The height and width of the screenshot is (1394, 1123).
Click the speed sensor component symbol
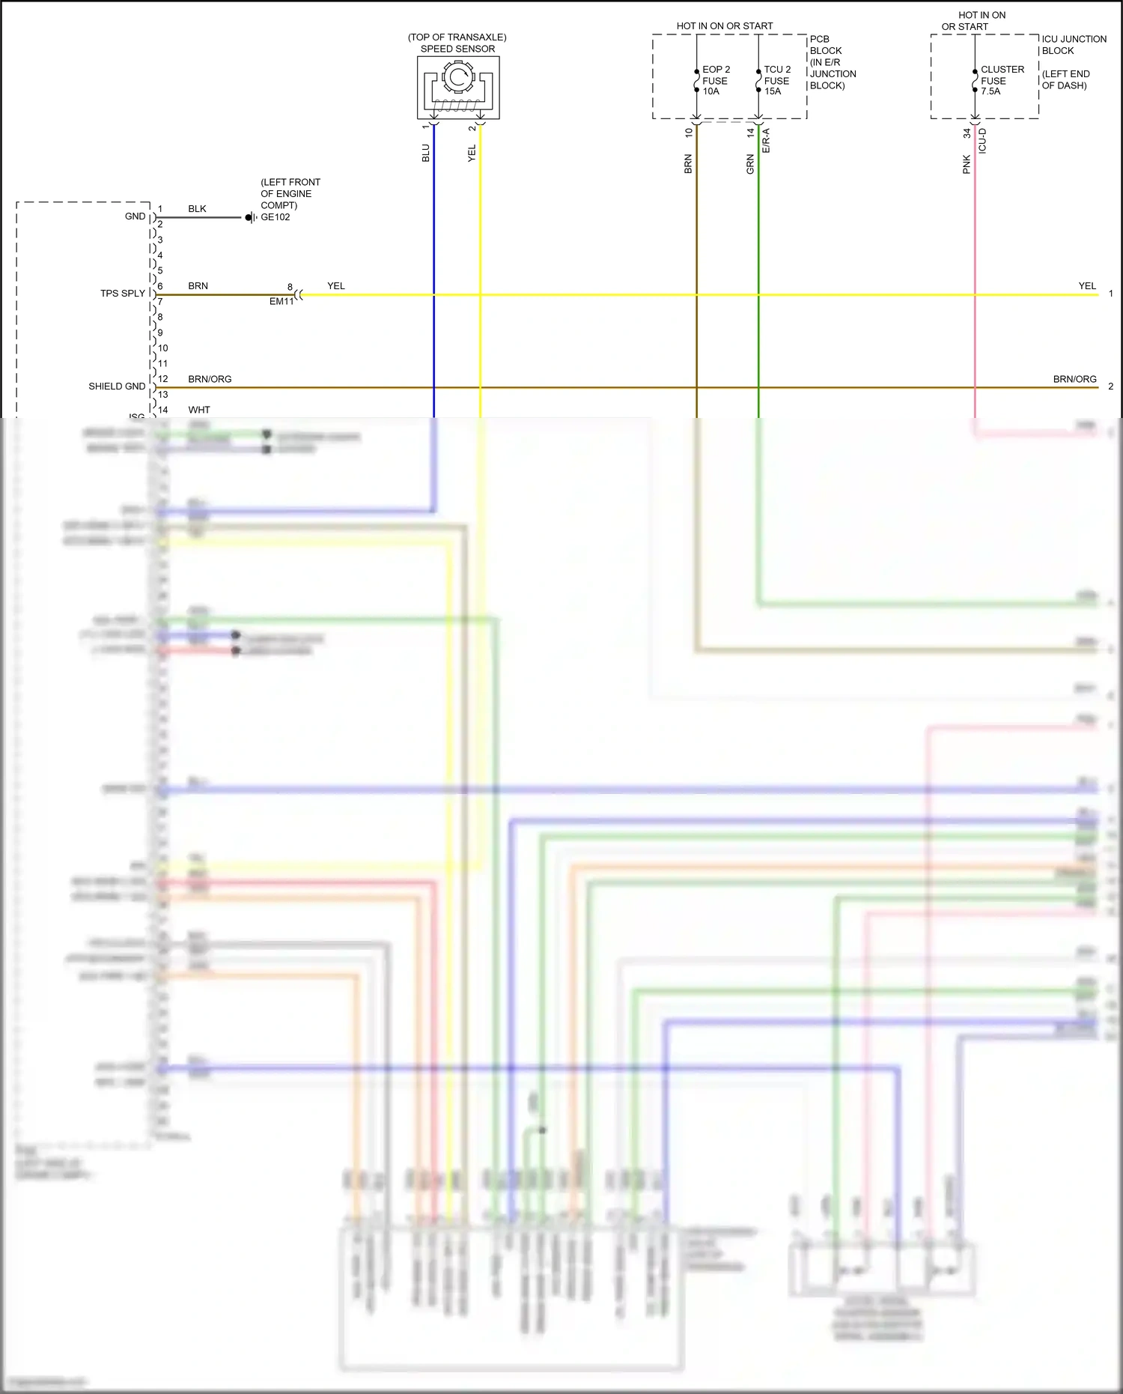point(458,88)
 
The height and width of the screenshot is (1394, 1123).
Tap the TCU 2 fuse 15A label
point(776,80)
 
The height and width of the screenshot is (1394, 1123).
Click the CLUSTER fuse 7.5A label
point(1001,80)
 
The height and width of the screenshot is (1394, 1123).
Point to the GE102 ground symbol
point(251,218)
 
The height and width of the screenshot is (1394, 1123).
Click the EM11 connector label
point(281,302)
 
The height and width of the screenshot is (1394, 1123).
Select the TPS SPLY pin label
point(123,294)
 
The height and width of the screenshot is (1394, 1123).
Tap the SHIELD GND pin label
point(117,387)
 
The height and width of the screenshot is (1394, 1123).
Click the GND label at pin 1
point(135,216)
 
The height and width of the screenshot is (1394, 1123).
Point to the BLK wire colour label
point(197,209)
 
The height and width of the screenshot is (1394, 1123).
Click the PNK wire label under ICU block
point(966,165)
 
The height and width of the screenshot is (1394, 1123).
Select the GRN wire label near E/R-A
point(750,165)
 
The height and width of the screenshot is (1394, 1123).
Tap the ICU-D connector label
point(982,141)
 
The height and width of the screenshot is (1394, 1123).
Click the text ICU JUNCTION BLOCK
point(1073,45)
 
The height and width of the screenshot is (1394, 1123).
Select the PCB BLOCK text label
point(825,45)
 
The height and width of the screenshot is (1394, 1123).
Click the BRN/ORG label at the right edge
point(1074,379)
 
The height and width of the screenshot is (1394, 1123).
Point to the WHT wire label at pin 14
point(199,410)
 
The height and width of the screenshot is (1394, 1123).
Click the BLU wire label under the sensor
point(425,154)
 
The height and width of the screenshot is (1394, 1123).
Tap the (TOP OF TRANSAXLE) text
point(457,37)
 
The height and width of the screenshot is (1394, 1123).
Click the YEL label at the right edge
point(1086,286)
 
